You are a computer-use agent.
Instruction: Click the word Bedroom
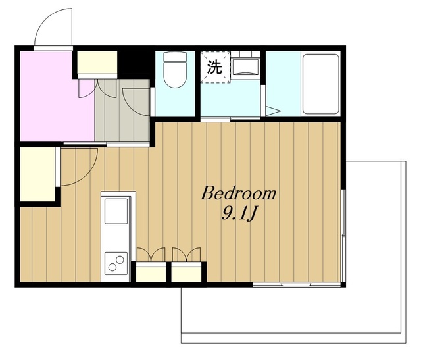click(x=238, y=193)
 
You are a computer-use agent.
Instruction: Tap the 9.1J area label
click(x=238, y=214)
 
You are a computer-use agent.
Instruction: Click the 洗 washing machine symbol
click(x=215, y=66)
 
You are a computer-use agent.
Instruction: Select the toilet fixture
click(x=175, y=69)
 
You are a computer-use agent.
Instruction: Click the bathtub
click(x=320, y=84)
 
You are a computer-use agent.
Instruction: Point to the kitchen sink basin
click(x=116, y=211)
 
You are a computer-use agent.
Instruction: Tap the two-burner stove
click(x=116, y=263)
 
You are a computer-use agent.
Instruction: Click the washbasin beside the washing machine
click(x=245, y=67)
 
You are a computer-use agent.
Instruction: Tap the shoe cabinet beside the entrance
click(x=97, y=63)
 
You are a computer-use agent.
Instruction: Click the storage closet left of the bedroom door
click(x=37, y=174)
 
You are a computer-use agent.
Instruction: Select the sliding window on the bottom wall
click(x=297, y=284)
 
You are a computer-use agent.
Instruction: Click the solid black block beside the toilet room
click(x=134, y=63)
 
